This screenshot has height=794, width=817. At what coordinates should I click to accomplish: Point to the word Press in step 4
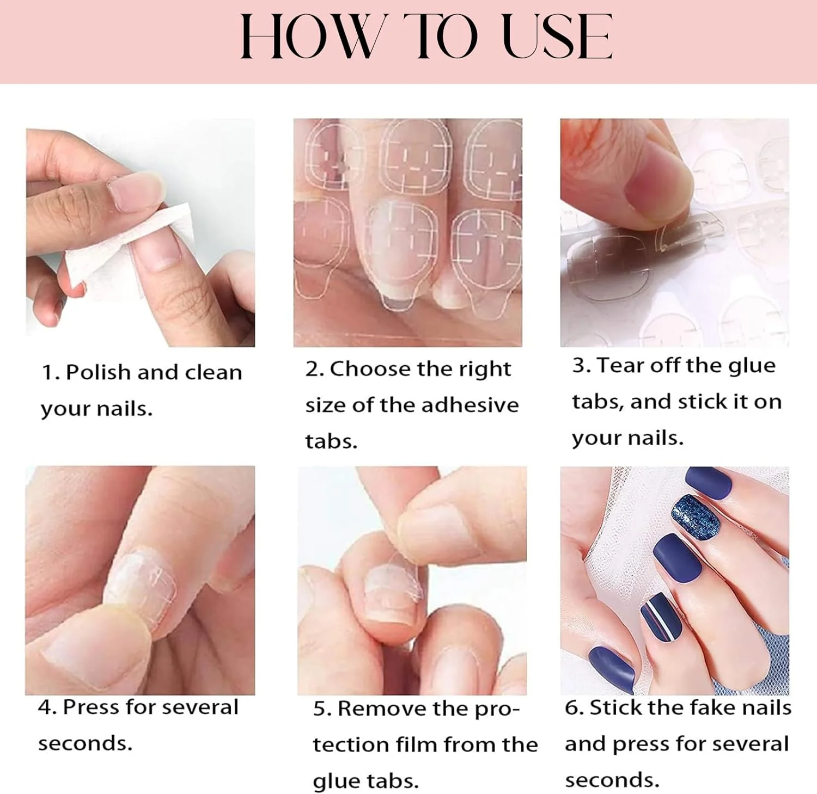(90, 707)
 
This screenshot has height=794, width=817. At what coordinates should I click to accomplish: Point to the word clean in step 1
(213, 373)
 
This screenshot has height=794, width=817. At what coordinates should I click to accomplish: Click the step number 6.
(574, 707)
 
